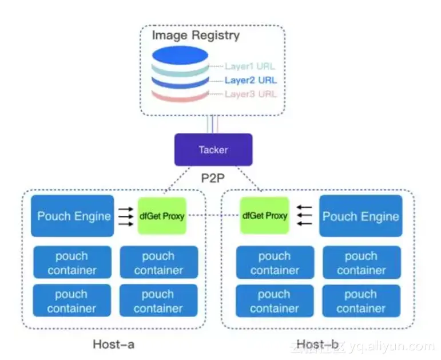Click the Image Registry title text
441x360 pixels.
click(x=196, y=35)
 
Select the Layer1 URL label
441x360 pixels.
click(x=250, y=66)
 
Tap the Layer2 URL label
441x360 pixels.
click(x=251, y=80)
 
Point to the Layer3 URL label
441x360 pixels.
click(x=251, y=94)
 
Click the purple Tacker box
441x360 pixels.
click(x=213, y=149)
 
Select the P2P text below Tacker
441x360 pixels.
click(x=213, y=178)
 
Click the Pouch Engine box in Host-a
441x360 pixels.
click(x=73, y=216)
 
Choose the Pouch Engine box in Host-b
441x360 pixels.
click(x=361, y=216)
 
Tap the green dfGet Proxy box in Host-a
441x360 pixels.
click(x=162, y=216)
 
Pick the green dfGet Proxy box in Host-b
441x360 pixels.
click(x=265, y=215)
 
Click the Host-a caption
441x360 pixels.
click(x=114, y=344)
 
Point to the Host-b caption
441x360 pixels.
click(x=317, y=344)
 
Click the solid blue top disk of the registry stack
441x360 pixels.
click(x=180, y=56)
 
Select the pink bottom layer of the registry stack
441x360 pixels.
click(x=180, y=96)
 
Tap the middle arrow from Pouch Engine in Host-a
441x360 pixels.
click(x=126, y=216)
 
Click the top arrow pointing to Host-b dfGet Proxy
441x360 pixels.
click(x=304, y=207)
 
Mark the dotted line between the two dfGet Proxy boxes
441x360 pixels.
click(x=213, y=215)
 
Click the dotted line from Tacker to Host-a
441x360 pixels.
click(x=177, y=179)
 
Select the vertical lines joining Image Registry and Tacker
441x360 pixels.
click(x=212, y=124)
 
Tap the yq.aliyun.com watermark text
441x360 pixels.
click(x=392, y=346)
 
